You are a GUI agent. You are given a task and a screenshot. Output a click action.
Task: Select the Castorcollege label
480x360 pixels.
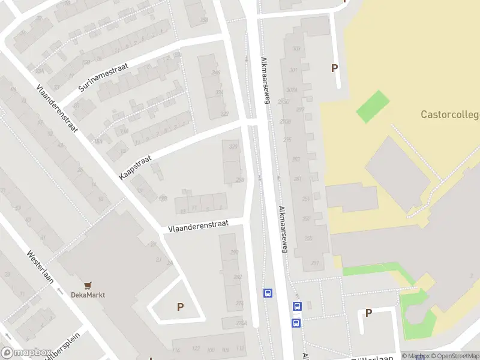(x=450, y=114)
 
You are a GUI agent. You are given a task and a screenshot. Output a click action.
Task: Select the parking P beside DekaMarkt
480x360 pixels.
(x=180, y=307)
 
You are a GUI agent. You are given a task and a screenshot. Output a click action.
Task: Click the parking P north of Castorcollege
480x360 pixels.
(x=334, y=68)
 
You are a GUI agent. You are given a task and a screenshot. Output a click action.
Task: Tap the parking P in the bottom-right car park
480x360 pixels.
(x=368, y=313)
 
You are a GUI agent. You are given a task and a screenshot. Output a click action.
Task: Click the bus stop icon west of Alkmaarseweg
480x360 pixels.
(x=268, y=293)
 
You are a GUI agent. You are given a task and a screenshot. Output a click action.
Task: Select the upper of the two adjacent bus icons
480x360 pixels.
(x=296, y=306)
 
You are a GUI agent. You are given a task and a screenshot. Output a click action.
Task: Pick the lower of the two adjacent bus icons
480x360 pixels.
(x=296, y=323)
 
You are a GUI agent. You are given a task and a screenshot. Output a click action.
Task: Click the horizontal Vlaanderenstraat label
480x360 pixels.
(x=198, y=227)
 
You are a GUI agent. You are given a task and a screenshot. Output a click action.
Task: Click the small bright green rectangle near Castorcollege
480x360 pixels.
(x=373, y=106)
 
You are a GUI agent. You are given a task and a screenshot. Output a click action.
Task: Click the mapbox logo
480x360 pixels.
(x=25, y=353)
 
